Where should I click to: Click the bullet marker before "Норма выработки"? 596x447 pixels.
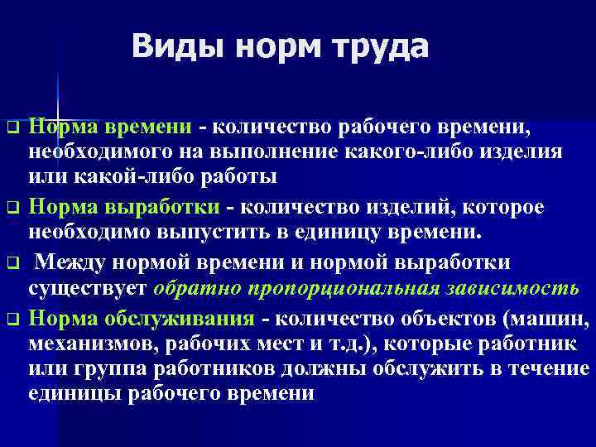(x=12, y=208)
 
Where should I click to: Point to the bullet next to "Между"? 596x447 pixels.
(x=12, y=263)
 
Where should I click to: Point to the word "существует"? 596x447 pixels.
(x=88, y=288)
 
